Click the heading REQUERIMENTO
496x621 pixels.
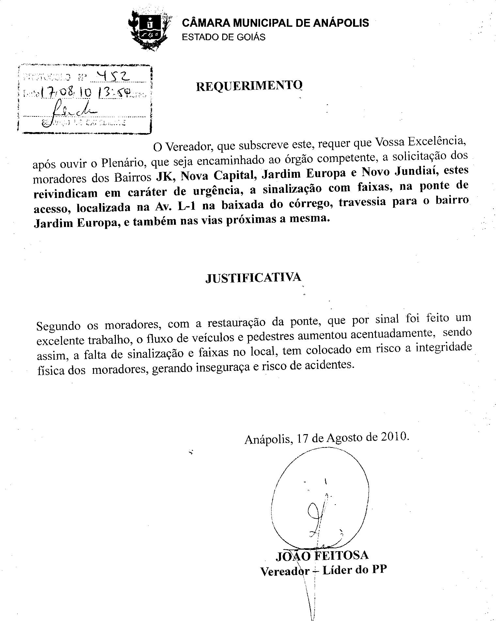(249, 86)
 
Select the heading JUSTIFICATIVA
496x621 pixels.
(253, 278)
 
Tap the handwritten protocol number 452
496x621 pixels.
(111, 77)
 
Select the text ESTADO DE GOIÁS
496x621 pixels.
(224, 37)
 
